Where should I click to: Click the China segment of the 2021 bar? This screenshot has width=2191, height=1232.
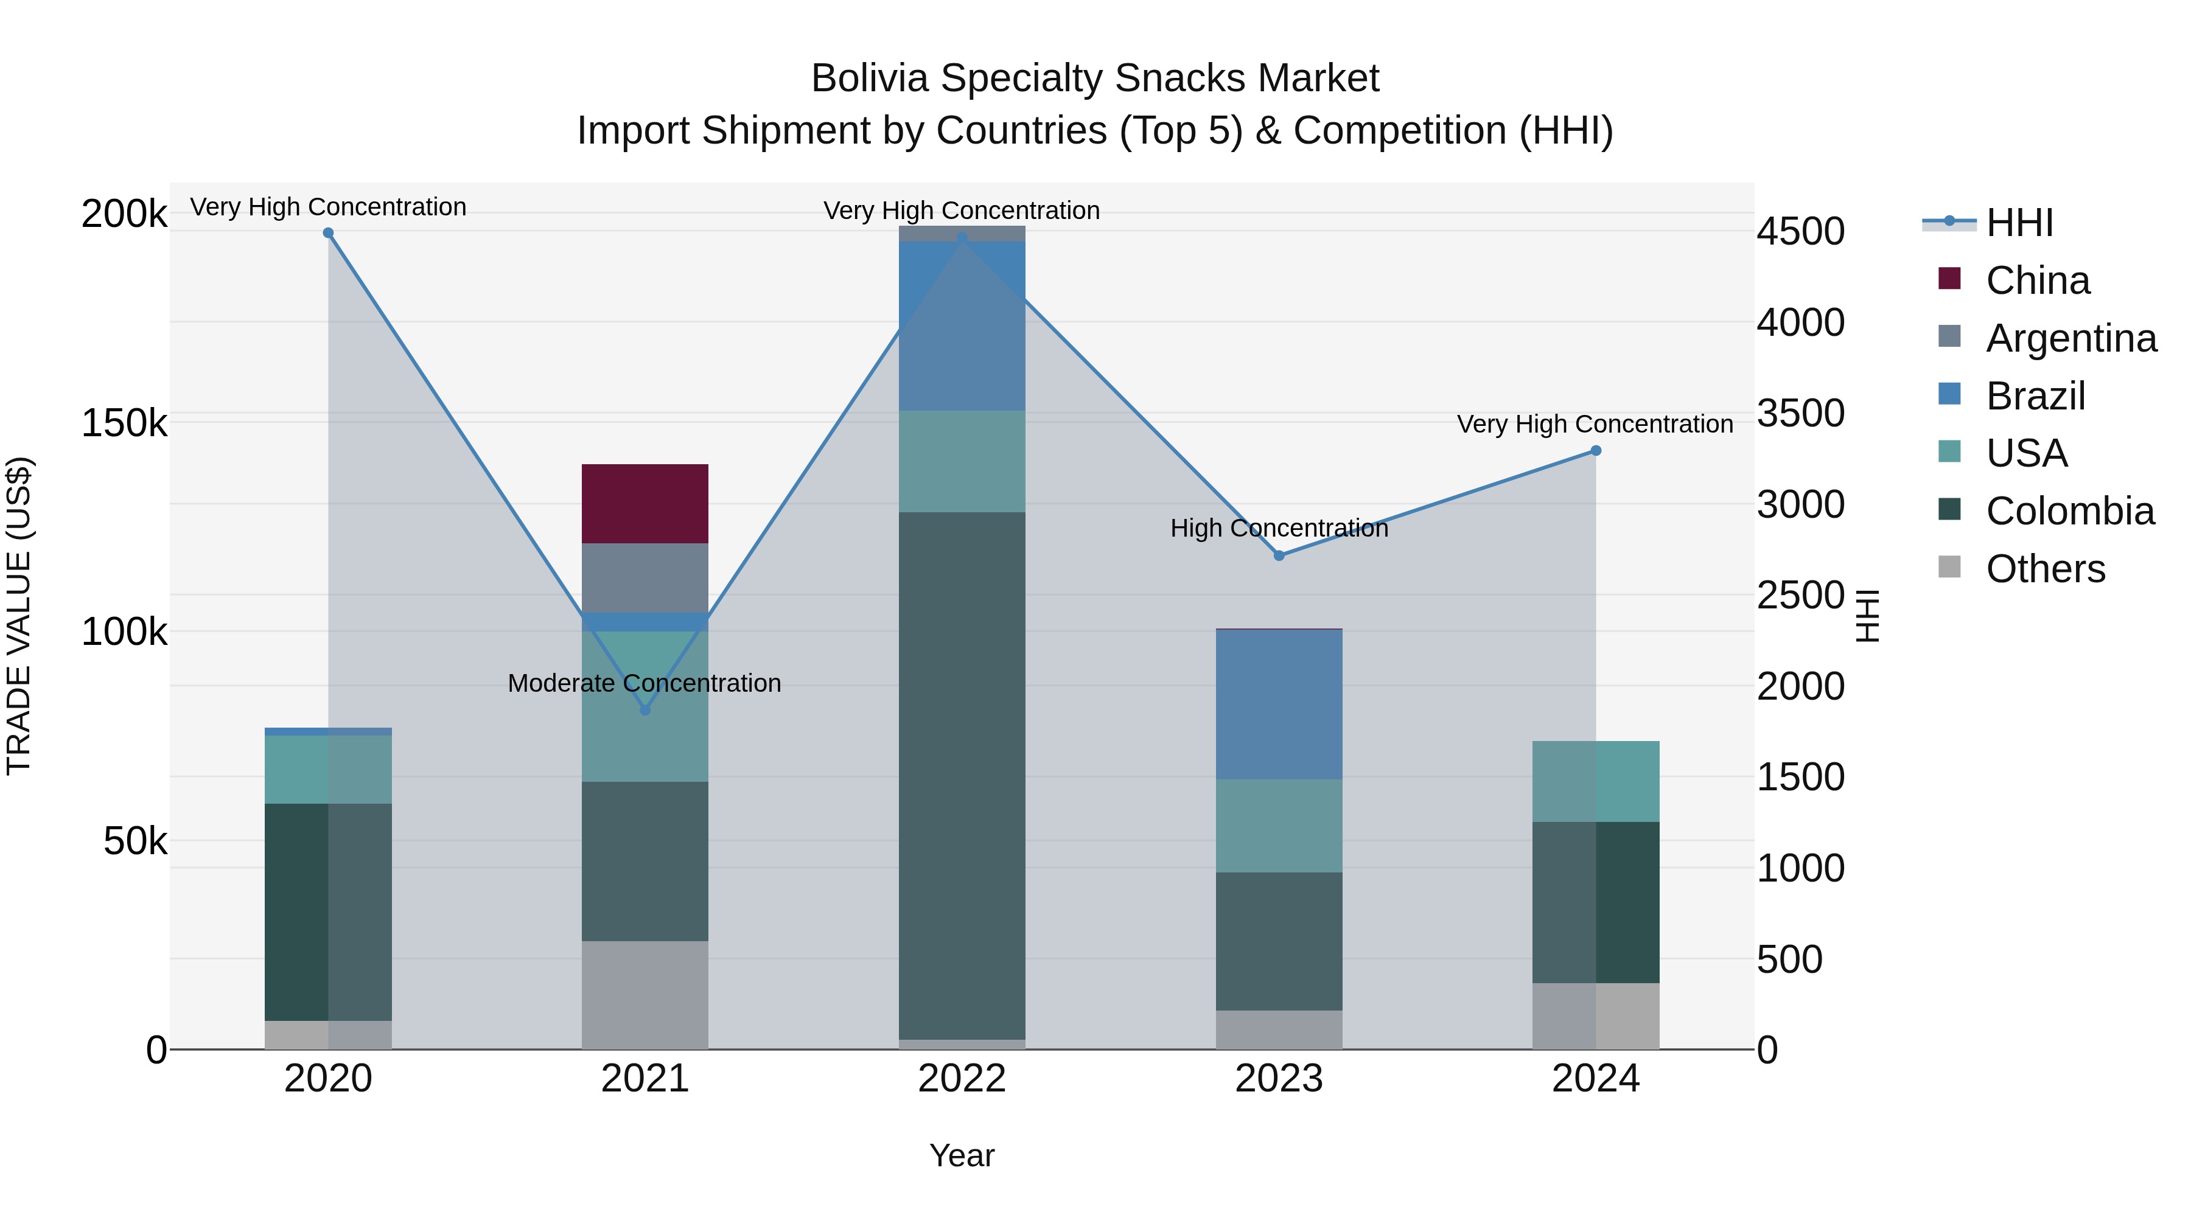[x=645, y=503]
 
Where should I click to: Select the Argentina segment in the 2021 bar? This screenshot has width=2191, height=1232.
[x=645, y=577]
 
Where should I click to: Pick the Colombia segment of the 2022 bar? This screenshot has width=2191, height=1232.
[x=962, y=774]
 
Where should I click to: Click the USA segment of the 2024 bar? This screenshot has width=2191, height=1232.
[x=1596, y=781]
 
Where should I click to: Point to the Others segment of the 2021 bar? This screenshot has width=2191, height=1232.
[x=645, y=994]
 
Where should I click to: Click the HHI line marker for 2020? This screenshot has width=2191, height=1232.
[x=328, y=233]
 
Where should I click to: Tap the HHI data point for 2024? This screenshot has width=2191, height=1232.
[x=1596, y=451]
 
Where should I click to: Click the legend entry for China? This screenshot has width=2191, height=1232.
[x=2037, y=280]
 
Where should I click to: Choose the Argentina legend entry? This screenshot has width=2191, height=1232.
[x=2071, y=338]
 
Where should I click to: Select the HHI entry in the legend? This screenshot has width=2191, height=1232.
[x=2019, y=223]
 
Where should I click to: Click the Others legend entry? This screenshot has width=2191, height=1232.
[x=2045, y=569]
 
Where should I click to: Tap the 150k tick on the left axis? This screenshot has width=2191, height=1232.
[x=124, y=423]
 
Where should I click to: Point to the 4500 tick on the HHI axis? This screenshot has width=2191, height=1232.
[x=1801, y=231]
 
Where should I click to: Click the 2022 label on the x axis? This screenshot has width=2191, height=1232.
[x=962, y=1079]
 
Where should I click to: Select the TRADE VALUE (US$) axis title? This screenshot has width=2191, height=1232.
[x=19, y=616]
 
